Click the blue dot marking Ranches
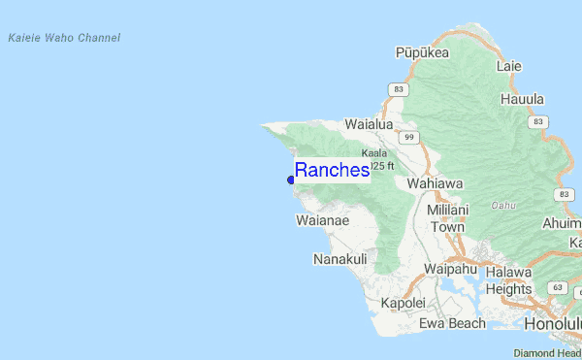(x=291, y=180)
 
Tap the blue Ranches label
(x=332, y=170)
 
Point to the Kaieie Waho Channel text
(x=64, y=38)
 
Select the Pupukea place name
(x=423, y=52)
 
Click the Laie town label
(x=508, y=66)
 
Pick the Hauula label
(x=522, y=99)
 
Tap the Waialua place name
(x=369, y=124)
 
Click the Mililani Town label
(x=448, y=218)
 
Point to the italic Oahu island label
(x=503, y=205)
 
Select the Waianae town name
(x=322, y=220)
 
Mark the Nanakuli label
(x=339, y=259)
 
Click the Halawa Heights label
(x=508, y=280)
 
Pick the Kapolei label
(x=404, y=303)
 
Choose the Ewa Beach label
(x=452, y=323)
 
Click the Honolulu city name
(x=552, y=323)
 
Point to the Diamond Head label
(x=547, y=353)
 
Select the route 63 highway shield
(x=556, y=288)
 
